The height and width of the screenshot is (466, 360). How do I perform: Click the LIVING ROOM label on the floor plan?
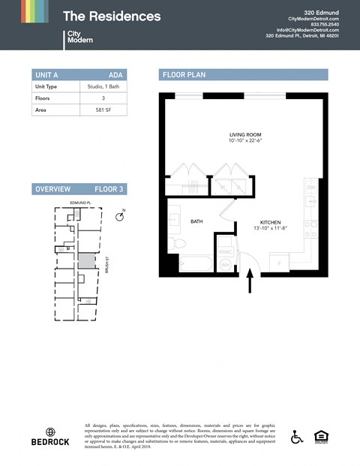[245, 135]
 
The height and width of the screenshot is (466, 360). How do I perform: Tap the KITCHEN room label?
[270, 223]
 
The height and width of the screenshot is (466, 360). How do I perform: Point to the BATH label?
[196, 222]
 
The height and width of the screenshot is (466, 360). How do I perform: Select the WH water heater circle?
[225, 264]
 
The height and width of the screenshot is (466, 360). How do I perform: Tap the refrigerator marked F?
[279, 264]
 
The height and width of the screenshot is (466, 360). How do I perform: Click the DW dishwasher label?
[310, 189]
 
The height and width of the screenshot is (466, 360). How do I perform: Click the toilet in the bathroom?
[175, 244]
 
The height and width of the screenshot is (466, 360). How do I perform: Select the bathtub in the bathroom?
[195, 264]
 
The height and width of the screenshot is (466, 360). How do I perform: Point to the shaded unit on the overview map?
[88, 261]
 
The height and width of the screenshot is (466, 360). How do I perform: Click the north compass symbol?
[120, 215]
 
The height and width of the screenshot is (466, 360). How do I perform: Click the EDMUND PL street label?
[79, 203]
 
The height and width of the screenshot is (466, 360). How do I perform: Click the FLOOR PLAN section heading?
[184, 75]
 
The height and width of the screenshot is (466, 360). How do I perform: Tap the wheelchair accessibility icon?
[297, 437]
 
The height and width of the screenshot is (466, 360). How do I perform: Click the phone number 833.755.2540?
[325, 24]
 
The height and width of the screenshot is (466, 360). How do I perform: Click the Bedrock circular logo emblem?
[50, 431]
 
